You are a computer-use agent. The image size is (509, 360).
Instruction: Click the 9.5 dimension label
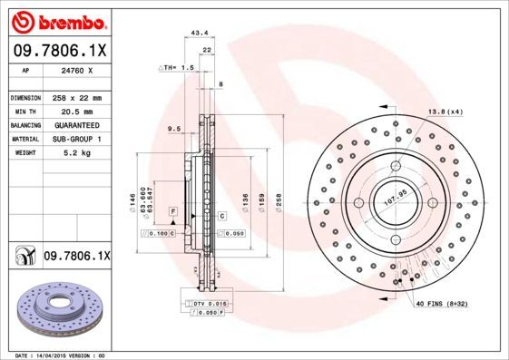pyautogui.click(x=173, y=130)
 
